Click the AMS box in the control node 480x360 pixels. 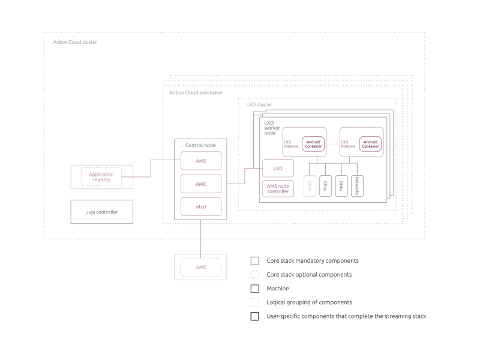click(201, 161)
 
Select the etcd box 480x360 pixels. click(201, 207)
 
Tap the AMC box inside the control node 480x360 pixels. click(201, 184)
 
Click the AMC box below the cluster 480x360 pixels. click(201, 267)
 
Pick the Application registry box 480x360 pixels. click(101, 177)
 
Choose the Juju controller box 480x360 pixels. click(101, 212)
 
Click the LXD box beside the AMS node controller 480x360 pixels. click(278, 168)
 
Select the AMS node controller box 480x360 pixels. click(278, 189)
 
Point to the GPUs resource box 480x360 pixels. click(310, 186)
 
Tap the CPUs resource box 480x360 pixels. click(325, 186)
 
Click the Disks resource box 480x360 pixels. click(341, 186)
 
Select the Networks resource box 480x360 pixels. click(356, 186)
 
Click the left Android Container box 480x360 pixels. click(313, 144)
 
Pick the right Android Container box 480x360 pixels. click(370, 144)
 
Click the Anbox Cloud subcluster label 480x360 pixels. click(196, 92)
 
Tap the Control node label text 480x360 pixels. click(200, 145)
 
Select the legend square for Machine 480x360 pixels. click(255, 289)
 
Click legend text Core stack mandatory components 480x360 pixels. click(313, 261)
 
